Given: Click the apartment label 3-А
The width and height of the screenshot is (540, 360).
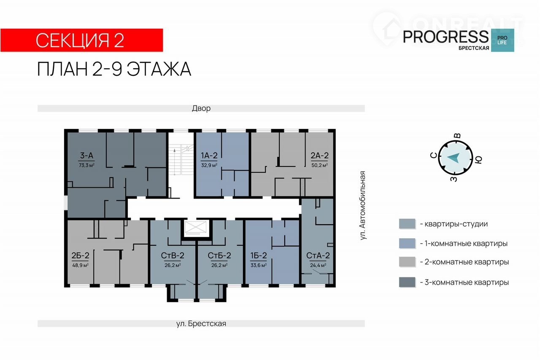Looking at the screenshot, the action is pos(86,156).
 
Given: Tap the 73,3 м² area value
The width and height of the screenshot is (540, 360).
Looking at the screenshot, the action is pos(86,165).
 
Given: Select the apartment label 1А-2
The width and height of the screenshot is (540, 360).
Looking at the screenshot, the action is pos(209,156).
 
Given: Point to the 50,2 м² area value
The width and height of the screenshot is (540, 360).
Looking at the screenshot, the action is pos(319,165).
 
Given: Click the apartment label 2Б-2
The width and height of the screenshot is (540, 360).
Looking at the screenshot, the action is pos(80,255).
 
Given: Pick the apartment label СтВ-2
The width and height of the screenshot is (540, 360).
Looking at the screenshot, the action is pos(173,255).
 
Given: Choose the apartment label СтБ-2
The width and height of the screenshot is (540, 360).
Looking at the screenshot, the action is pos(219,255).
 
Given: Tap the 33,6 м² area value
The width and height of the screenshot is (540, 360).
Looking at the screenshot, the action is pos(259,265).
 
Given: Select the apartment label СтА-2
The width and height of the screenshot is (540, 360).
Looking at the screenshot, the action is pos(318,255).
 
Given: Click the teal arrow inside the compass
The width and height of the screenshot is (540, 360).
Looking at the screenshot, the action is pos(454,158).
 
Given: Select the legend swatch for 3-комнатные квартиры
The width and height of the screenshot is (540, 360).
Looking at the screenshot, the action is pos(407,282).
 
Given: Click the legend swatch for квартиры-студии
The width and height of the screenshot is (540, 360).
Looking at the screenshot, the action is pos(407,224).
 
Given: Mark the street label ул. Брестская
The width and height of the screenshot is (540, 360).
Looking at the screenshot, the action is pos(201,323).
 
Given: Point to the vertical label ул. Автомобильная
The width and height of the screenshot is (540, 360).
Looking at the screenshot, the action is pos(362,205).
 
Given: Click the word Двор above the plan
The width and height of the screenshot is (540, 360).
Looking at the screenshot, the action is pos(201,108).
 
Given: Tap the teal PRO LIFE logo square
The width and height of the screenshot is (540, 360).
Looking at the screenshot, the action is pos(502,40).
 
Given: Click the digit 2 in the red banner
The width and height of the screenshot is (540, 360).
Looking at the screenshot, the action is pos(119,40).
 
